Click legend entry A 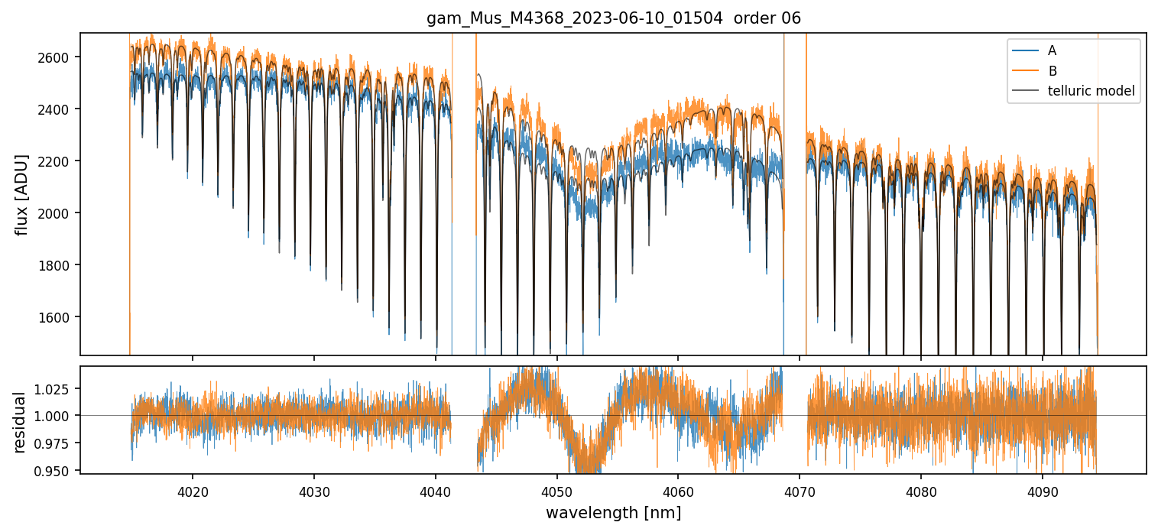tap(1052, 50)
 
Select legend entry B tap(1052, 71)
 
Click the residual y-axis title tap(21, 422)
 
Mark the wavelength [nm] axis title tap(613, 512)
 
